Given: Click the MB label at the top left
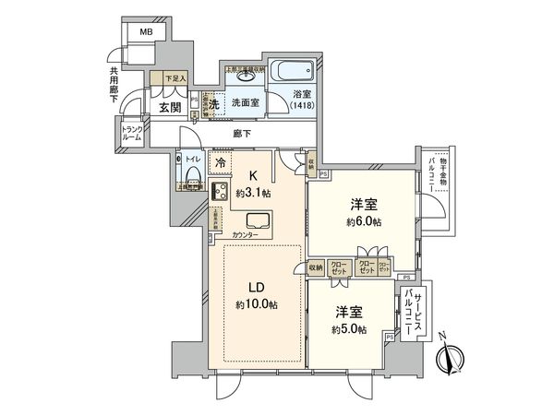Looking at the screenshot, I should click(x=146, y=32).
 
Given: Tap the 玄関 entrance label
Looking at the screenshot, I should click(x=169, y=107).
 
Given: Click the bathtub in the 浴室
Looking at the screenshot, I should click(x=291, y=72).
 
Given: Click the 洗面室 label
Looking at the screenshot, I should click(x=245, y=103).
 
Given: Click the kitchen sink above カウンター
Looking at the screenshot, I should click(x=259, y=221).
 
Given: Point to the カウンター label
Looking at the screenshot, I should click(x=247, y=236).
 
